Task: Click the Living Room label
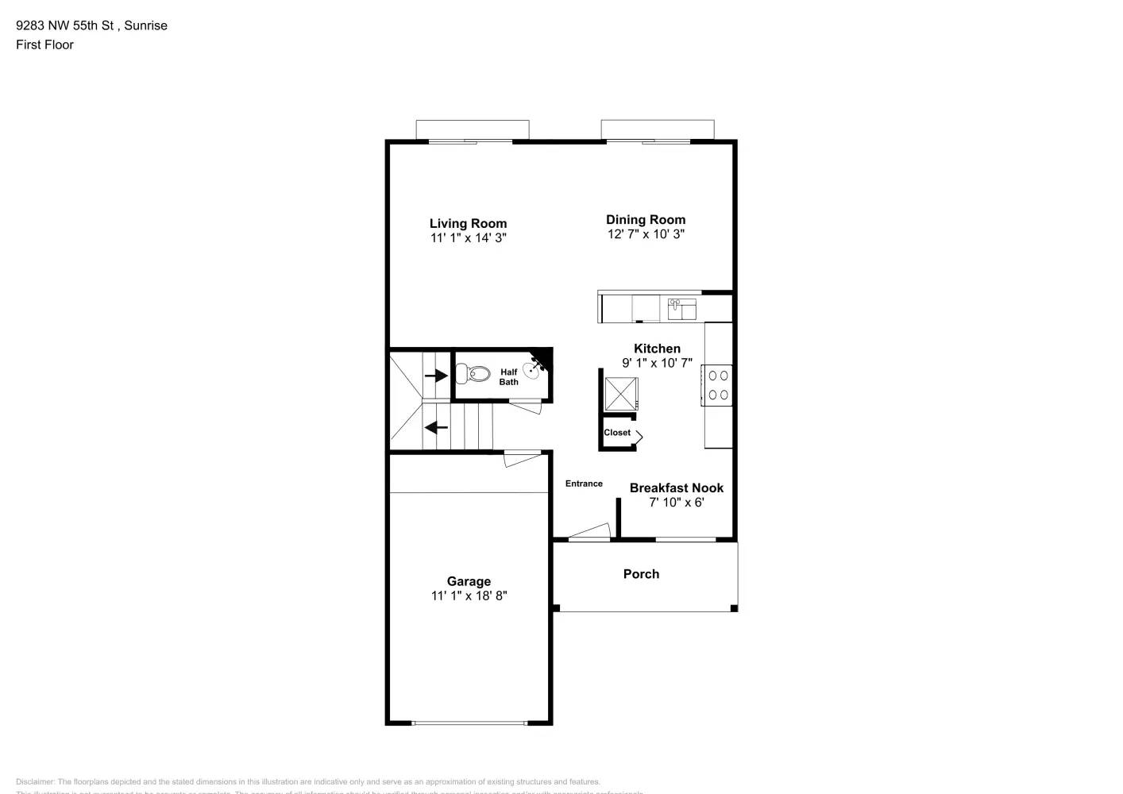(x=468, y=224)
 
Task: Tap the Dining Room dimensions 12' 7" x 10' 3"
(x=646, y=234)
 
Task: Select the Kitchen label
(x=657, y=349)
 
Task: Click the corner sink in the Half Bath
(x=535, y=366)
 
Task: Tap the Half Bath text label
(x=508, y=377)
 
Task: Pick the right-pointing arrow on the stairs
(x=436, y=375)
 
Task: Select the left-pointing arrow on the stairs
(x=436, y=427)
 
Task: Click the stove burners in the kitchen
(x=719, y=385)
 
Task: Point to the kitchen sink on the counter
(x=681, y=308)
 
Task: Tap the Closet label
(x=617, y=433)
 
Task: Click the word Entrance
(x=584, y=484)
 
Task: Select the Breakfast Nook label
(x=677, y=488)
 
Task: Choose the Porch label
(x=641, y=574)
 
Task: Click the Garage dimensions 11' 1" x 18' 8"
(x=469, y=596)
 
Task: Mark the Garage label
(x=469, y=581)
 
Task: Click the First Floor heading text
(x=44, y=44)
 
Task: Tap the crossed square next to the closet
(x=620, y=394)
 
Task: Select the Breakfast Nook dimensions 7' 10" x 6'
(x=677, y=503)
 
